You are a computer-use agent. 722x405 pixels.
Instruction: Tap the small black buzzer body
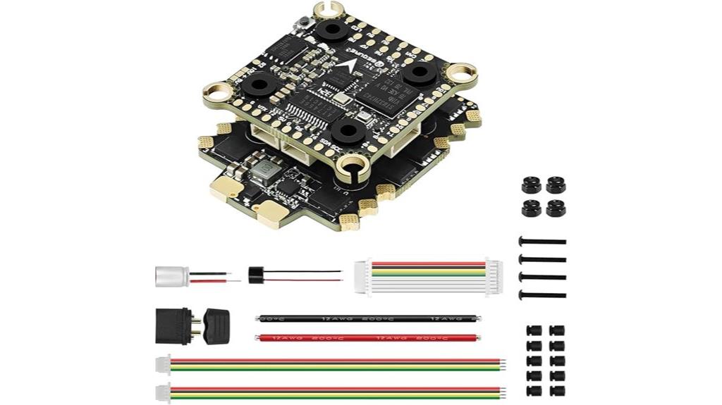pyautogui.click(x=255, y=275)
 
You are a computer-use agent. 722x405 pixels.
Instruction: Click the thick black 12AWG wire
pyautogui.click(x=367, y=318)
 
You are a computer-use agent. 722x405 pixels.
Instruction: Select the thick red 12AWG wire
pyautogui.click(x=367, y=338)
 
